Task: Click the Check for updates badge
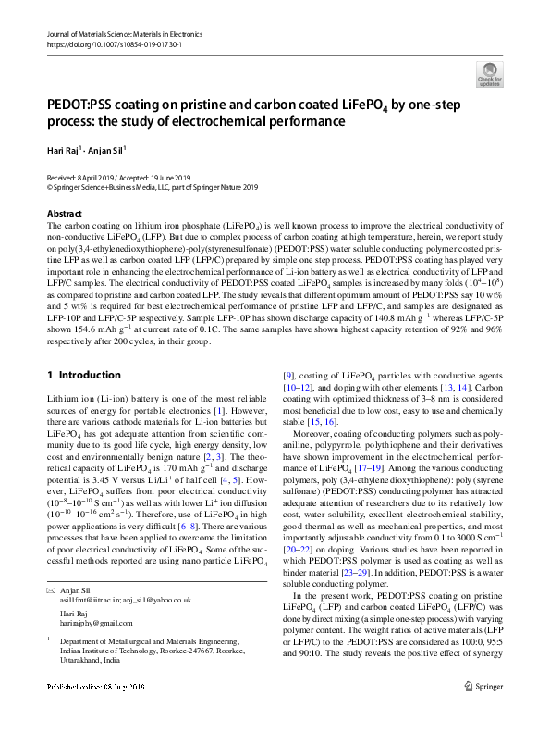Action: click(x=489, y=73)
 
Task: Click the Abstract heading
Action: click(x=65, y=213)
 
